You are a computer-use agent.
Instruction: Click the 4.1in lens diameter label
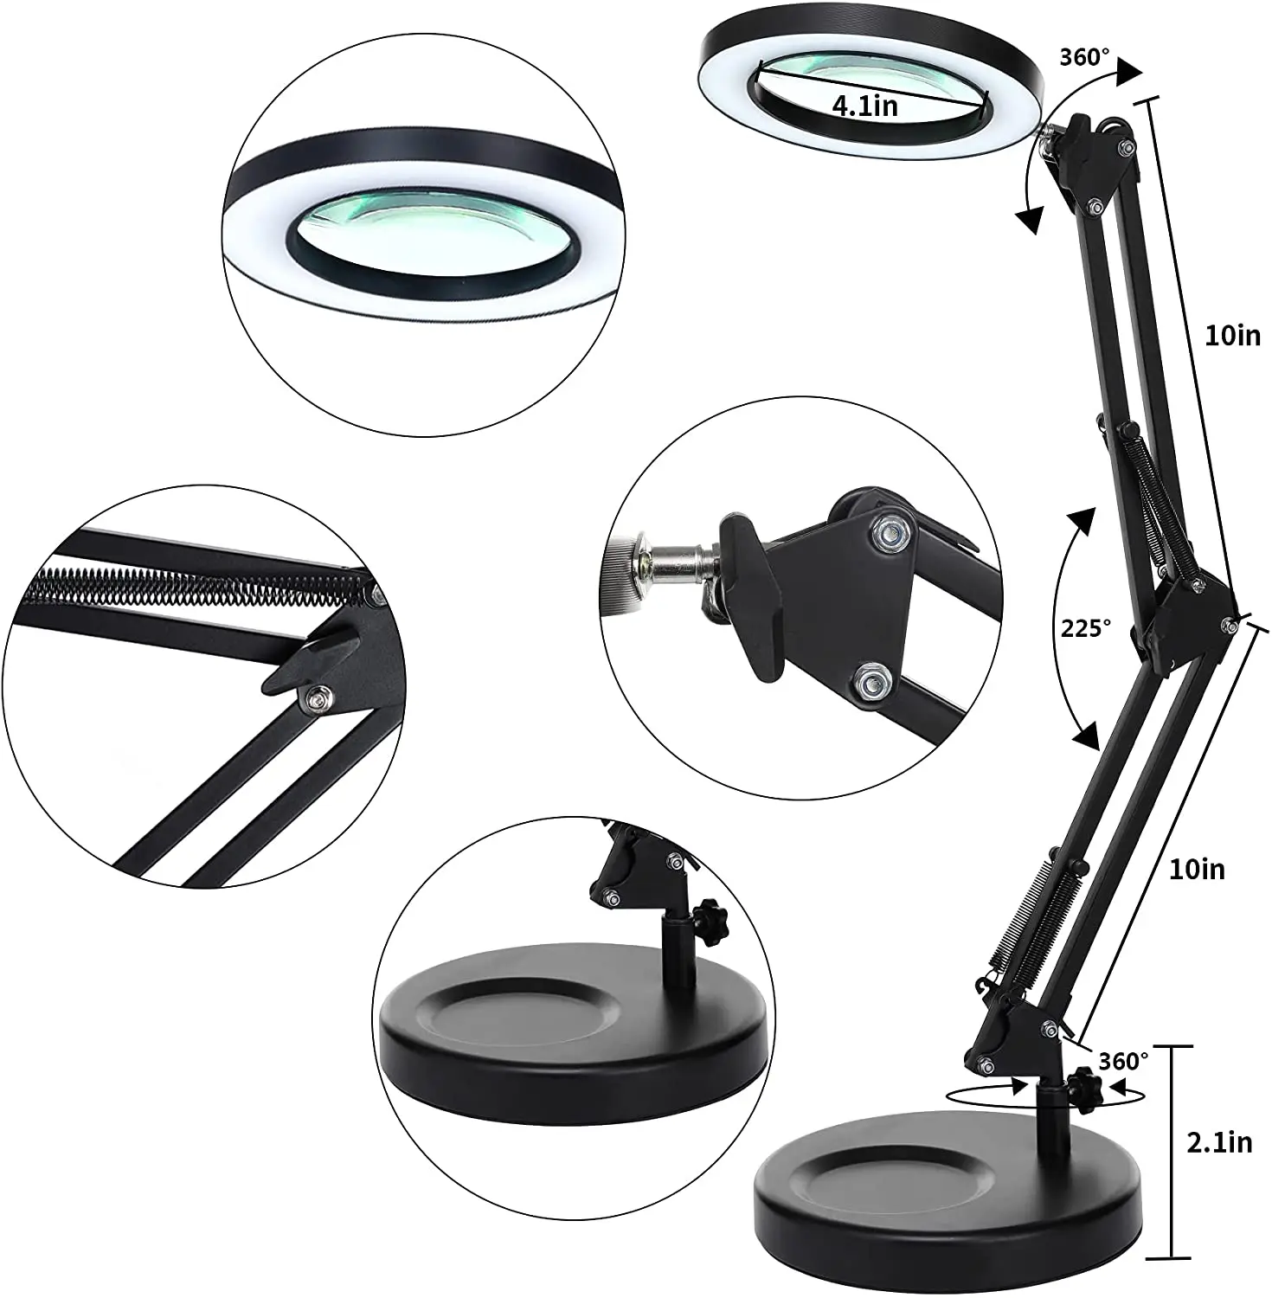pos(864,106)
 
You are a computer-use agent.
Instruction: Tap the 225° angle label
pos(1085,629)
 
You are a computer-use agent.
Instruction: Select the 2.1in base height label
pos(1217,1142)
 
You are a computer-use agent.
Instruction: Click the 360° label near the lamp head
pos(1084,58)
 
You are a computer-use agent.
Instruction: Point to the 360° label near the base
pos(1123,1060)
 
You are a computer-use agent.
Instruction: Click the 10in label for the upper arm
pos(1233,336)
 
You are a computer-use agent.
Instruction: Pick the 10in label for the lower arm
pos(1197,869)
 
